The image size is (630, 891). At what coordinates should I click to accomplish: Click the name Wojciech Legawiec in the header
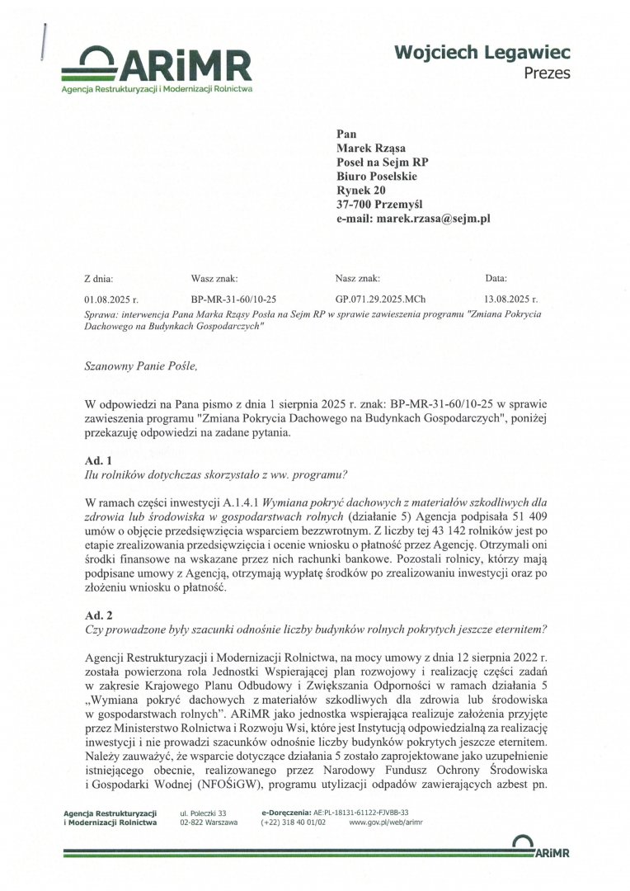click(x=482, y=53)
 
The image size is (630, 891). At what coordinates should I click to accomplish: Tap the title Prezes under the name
click(x=547, y=73)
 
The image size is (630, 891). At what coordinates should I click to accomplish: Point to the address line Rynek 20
click(x=356, y=191)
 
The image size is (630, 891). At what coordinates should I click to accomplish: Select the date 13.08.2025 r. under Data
click(x=511, y=299)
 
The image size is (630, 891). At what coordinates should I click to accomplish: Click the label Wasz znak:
click(x=214, y=279)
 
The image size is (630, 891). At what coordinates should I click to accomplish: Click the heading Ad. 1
click(x=98, y=459)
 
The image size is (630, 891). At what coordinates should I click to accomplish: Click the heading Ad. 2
click(x=98, y=615)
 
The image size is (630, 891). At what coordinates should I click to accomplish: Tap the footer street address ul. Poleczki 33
click(x=203, y=813)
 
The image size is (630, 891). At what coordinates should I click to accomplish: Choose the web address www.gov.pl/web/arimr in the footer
click(x=386, y=823)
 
